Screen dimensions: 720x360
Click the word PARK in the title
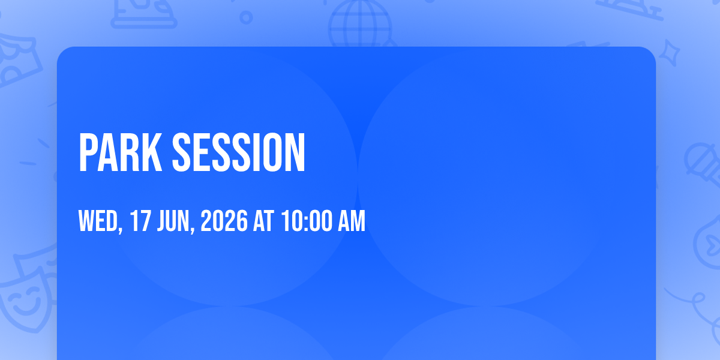pos(121,152)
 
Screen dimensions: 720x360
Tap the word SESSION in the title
pos(239,152)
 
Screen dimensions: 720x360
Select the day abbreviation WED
pos(98,221)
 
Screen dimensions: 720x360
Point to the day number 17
pos(140,221)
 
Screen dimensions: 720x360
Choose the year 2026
pos(224,221)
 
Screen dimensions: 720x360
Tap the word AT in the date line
pos(263,221)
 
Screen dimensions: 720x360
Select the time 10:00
pos(307,221)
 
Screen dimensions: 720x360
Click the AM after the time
pos(352,221)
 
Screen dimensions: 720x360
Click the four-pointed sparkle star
pos(670,53)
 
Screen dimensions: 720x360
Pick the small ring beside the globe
pos(246,17)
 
